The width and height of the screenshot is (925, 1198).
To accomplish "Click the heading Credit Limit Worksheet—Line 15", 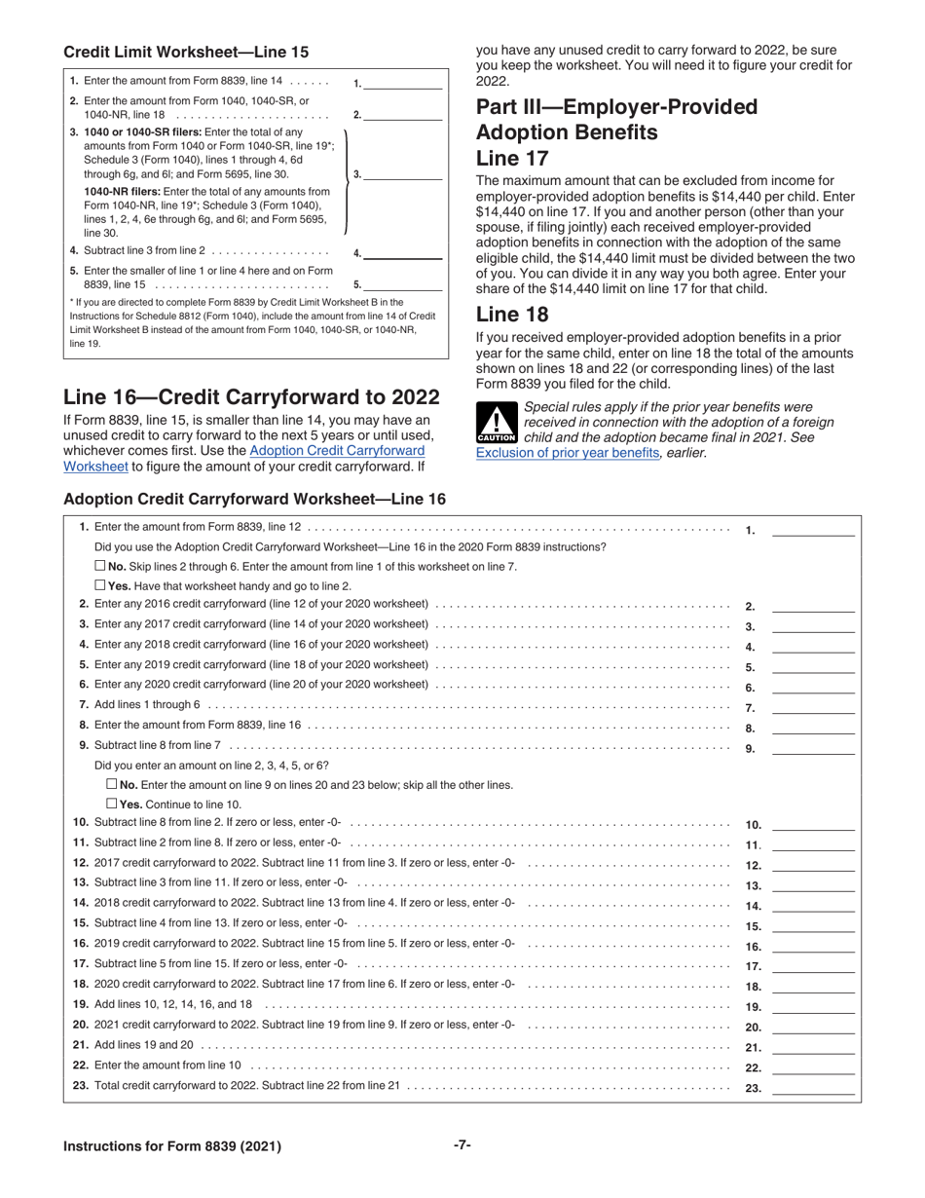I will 186,52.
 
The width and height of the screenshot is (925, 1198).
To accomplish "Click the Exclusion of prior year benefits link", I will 569,453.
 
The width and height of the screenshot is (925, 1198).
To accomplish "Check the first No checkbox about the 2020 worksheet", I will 100,566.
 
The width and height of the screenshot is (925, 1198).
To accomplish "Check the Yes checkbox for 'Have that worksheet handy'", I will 100,585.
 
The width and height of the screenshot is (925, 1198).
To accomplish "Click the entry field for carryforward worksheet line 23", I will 813,1088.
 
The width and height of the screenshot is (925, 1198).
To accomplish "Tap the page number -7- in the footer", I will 462,1145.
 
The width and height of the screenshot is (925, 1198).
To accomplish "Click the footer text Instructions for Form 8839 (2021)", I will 172,1146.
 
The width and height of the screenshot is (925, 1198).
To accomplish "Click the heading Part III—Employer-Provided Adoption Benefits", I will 616,119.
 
